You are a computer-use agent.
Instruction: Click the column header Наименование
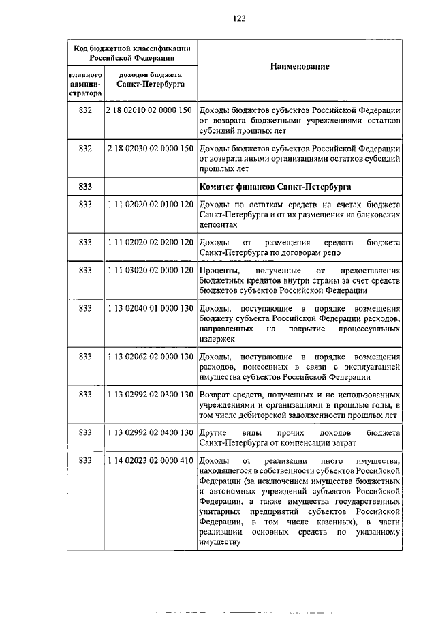coord(299,67)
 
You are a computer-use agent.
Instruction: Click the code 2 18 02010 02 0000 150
coord(151,109)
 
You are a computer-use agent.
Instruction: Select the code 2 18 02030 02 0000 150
coord(151,148)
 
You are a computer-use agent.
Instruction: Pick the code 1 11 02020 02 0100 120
coord(151,205)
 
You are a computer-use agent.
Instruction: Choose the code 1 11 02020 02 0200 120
coord(151,242)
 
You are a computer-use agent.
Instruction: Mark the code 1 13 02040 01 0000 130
coord(151,309)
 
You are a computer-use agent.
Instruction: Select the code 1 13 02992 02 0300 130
coord(151,395)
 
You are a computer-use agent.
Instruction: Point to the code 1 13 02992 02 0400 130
coord(151,432)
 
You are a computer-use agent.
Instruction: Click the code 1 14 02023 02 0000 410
coord(151,462)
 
